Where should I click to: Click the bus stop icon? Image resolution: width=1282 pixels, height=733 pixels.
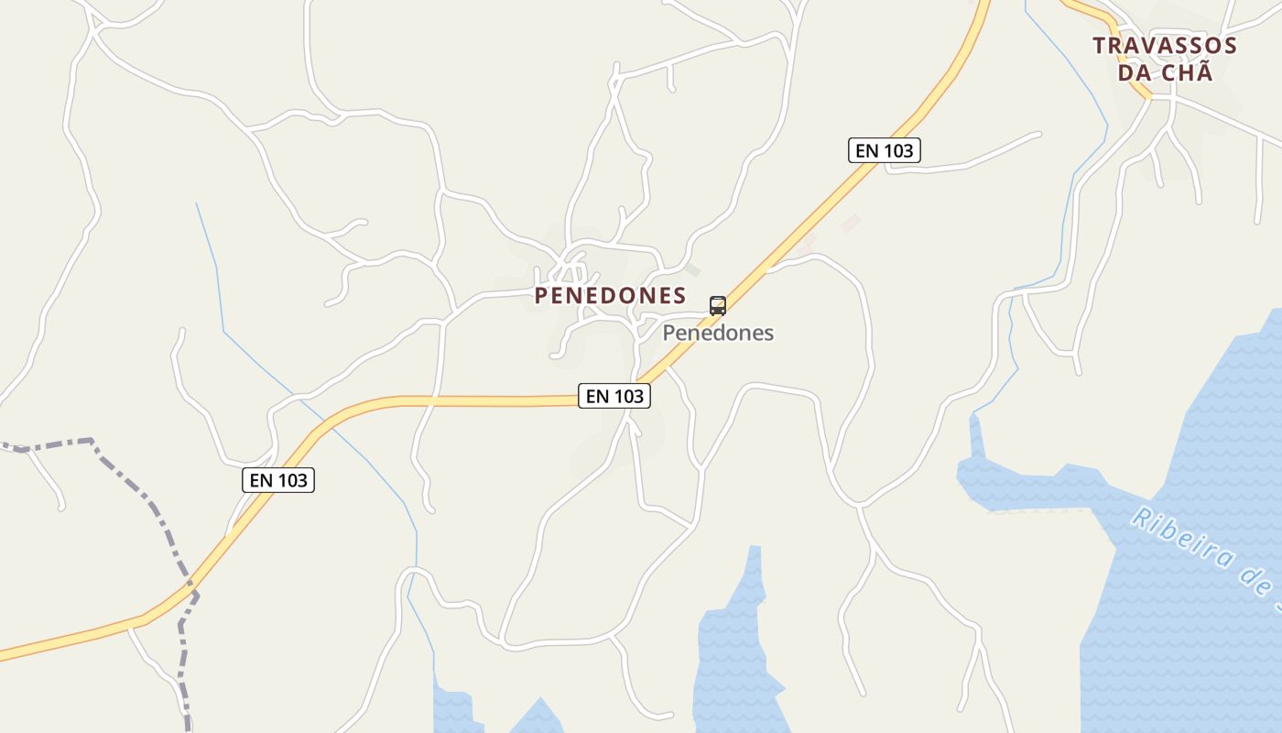coord(718,305)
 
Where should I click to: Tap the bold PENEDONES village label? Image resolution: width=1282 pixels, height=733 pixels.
coord(610,295)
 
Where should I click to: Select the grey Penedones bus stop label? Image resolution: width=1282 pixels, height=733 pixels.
coord(718,333)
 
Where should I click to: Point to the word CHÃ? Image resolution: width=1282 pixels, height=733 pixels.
coord(1188,72)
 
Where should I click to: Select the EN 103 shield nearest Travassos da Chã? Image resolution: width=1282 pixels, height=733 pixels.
coord(885,150)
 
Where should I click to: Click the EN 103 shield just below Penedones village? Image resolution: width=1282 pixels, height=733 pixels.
coord(614,396)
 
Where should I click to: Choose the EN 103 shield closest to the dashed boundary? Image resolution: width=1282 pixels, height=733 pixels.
coord(278,479)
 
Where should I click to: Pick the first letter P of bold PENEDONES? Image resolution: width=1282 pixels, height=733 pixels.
coord(542,295)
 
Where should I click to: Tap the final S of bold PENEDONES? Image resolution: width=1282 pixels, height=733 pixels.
coord(679,295)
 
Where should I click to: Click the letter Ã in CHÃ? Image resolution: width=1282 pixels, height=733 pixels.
coord(1203,71)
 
